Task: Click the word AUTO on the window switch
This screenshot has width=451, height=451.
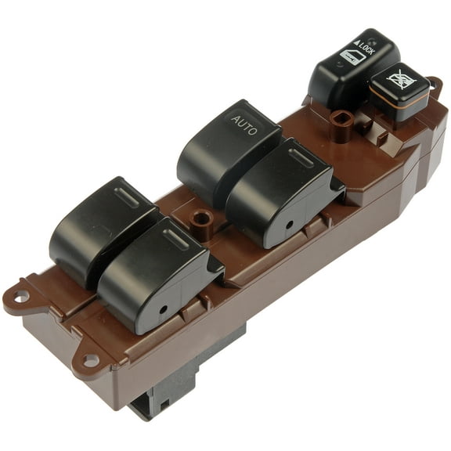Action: click(x=244, y=125)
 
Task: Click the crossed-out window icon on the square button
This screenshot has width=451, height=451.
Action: click(x=400, y=80)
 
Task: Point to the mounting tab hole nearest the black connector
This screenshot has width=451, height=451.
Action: click(x=91, y=360)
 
